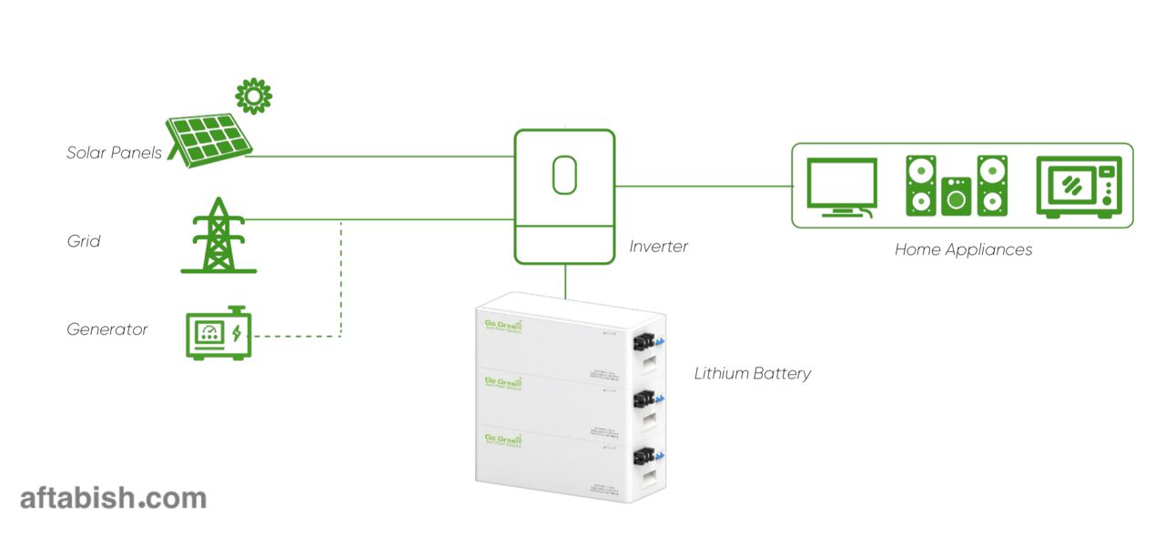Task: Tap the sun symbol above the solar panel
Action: (x=254, y=96)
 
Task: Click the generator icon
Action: (x=218, y=333)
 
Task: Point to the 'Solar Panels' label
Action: (x=114, y=153)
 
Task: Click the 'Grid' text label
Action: (x=84, y=242)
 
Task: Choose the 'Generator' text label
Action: (x=107, y=329)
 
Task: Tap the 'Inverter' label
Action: (x=658, y=247)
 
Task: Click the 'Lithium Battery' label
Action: (x=752, y=373)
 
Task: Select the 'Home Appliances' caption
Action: (x=963, y=249)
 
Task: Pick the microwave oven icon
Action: (x=1079, y=187)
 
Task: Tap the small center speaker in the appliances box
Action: (x=956, y=196)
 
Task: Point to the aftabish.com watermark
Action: (x=113, y=498)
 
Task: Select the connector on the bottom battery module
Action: (x=645, y=456)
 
